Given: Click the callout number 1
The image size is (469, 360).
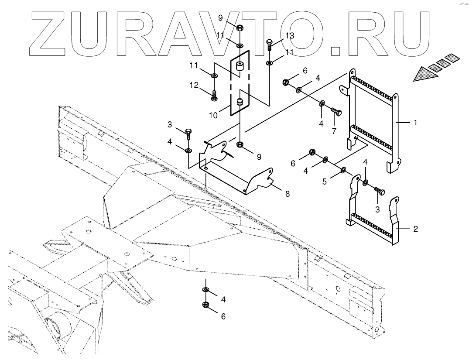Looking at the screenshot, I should [x=415, y=123].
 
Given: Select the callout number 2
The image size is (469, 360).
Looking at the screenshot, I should [x=416, y=229].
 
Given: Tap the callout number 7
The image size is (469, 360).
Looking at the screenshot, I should [x=335, y=131].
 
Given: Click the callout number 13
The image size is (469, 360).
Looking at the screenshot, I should [x=290, y=35].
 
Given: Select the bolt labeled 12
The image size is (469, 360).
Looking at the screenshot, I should [x=214, y=95].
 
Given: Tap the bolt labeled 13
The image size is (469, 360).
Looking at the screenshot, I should [x=270, y=45].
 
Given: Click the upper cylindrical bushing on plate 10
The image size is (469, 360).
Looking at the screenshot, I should [x=239, y=67].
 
